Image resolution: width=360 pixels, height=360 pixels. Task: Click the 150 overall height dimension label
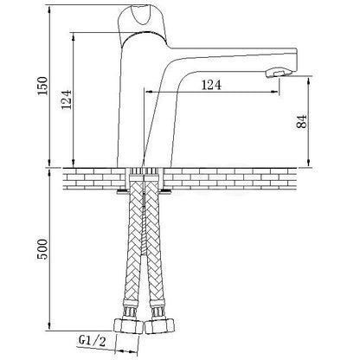pos(42,86)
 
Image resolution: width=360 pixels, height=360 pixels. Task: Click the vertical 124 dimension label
pos(66,100)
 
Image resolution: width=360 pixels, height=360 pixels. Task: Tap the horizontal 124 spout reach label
pos(211,85)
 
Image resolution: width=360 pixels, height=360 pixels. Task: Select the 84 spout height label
pos(301,121)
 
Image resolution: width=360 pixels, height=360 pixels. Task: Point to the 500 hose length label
pos(42,249)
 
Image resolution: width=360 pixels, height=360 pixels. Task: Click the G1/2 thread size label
pos(92,342)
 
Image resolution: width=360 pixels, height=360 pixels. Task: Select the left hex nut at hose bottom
pos(129,327)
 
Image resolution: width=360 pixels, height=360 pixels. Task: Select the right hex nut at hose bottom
pos(160,327)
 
